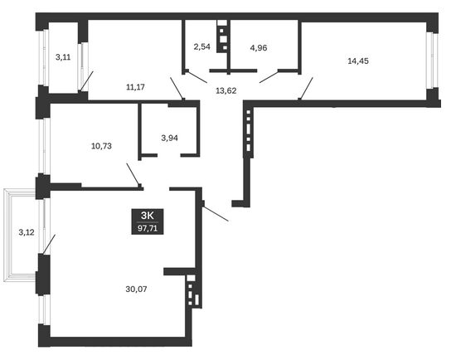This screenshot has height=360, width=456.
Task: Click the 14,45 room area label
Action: (x=358, y=61)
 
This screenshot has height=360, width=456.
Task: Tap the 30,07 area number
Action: (x=136, y=289)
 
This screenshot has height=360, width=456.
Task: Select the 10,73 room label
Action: (x=101, y=146)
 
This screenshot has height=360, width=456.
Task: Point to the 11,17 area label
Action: (x=135, y=87)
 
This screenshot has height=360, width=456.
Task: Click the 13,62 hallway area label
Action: (x=226, y=90)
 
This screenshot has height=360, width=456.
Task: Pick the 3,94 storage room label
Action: (x=169, y=138)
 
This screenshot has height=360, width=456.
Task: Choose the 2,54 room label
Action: (x=201, y=46)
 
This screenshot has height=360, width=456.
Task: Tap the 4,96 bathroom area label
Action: (x=259, y=48)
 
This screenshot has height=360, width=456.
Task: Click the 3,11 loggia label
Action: (x=63, y=57)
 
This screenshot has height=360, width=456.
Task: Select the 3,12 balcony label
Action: (x=27, y=232)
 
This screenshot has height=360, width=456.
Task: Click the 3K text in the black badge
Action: (x=147, y=216)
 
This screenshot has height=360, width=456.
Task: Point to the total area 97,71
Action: (x=148, y=228)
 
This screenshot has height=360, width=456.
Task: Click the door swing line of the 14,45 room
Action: (x=306, y=89)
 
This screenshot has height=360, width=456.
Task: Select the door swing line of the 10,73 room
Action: (x=133, y=174)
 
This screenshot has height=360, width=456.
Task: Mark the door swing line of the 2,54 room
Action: (x=196, y=76)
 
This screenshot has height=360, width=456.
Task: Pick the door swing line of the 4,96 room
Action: (x=269, y=77)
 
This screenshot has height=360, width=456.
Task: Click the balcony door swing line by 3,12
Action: (x=49, y=244)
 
